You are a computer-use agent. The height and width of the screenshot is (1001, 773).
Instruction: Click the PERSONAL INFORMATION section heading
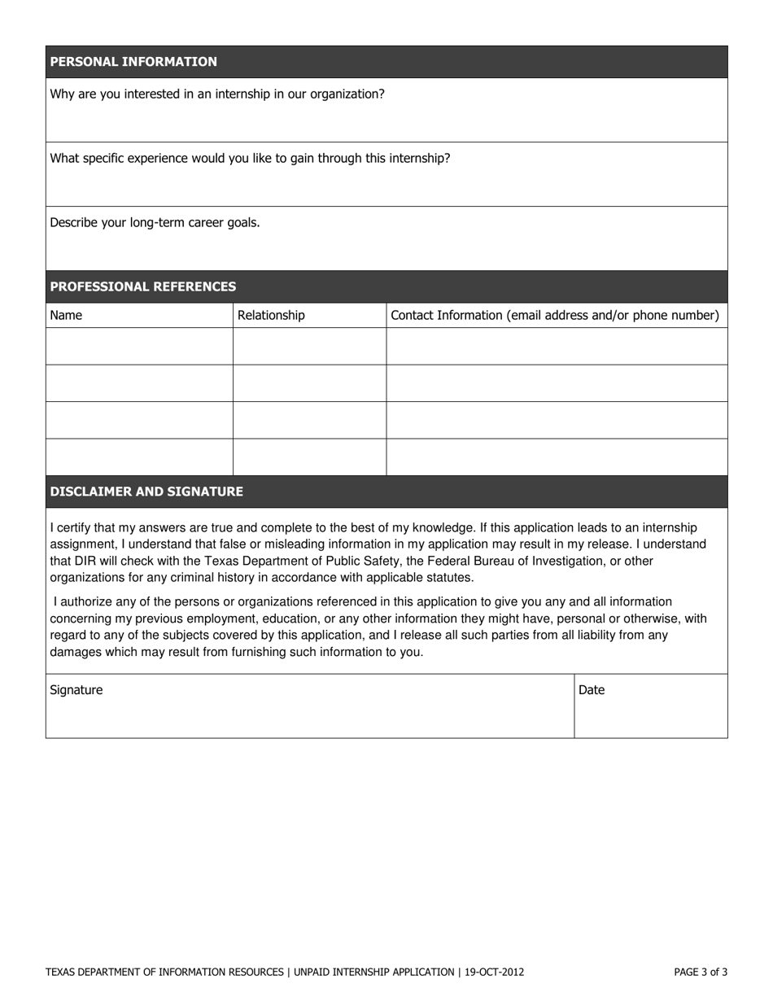click(x=133, y=62)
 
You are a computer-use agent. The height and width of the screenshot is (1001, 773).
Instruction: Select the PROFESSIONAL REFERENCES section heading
click(x=143, y=286)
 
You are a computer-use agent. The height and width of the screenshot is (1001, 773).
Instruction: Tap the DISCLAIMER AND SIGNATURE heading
click(x=146, y=492)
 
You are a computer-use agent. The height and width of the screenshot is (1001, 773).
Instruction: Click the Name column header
click(x=66, y=315)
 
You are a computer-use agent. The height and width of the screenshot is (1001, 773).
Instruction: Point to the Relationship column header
click(x=271, y=315)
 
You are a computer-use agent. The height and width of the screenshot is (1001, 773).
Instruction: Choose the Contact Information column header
click(x=555, y=315)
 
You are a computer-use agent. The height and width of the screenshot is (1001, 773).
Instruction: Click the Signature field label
click(x=76, y=690)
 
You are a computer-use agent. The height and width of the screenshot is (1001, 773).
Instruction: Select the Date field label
click(x=592, y=690)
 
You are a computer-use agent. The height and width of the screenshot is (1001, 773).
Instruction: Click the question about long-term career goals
click(x=155, y=222)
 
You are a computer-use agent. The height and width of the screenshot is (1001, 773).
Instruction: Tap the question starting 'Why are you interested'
click(x=217, y=94)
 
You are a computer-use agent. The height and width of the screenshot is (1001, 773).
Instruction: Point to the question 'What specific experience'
click(x=250, y=158)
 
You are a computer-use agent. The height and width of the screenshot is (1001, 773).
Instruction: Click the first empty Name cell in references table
click(x=139, y=347)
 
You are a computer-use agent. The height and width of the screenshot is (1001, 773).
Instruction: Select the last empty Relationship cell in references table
click(x=309, y=457)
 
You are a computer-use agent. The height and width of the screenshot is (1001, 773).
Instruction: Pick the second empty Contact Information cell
click(x=557, y=383)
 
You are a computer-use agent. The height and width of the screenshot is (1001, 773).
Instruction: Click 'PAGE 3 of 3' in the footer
click(x=701, y=972)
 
